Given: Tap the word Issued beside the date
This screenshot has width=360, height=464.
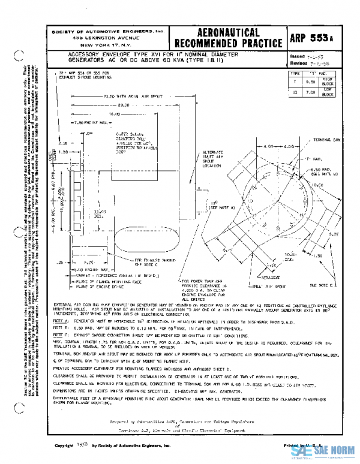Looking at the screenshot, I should (x=298, y=55).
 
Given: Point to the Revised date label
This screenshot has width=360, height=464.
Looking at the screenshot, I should (x=299, y=62).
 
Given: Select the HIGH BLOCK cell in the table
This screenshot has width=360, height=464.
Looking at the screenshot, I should (x=327, y=80).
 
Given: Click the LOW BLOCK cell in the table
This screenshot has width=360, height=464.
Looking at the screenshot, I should (x=327, y=92).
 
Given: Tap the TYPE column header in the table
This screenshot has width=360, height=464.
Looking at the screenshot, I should (x=295, y=73).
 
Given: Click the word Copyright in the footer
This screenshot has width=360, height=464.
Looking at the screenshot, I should (x=65, y=447).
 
